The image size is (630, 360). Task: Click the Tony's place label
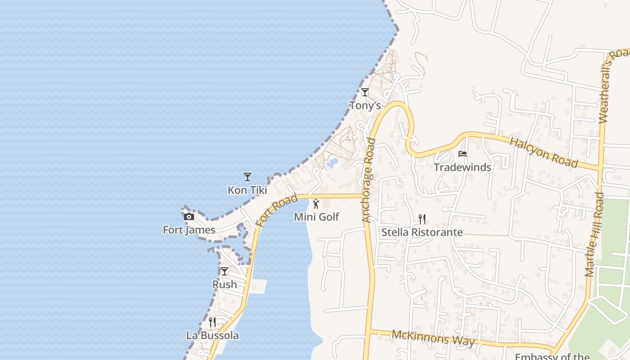click(365, 105)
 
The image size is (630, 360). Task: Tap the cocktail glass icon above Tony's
click(365, 92)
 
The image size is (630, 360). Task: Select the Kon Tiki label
click(247, 190)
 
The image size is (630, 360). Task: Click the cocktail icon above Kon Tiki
click(247, 177)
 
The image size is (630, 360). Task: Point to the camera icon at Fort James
click(189, 217)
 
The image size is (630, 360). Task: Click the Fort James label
click(189, 230)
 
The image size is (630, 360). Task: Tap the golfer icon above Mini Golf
click(316, 204)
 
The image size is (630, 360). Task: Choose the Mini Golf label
click(316, 217)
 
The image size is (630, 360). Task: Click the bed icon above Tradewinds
click(462, 154)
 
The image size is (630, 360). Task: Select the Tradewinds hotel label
click(462, 167)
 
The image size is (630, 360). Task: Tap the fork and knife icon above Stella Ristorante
click(422, 219)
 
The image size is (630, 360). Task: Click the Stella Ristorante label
click(422, 232)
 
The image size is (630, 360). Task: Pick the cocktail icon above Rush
click(224, 271)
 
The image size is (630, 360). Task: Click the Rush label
click(225, 284)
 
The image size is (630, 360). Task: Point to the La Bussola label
click(212, 335)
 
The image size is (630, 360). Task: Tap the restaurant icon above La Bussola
click(212, 322)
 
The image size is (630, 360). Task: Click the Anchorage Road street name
click(369, 180)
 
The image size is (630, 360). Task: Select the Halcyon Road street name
click(544, 153)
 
